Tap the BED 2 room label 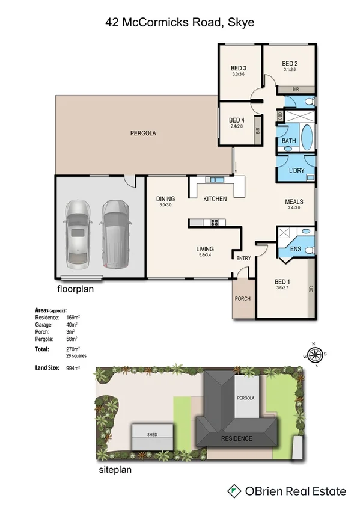[x=290, y=63]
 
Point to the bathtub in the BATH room [x=306, y=138]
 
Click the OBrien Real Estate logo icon [x=234, y=491]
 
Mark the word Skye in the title [x=242, y=23]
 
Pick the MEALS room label [x=294, y=201]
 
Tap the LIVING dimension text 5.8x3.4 [x=204, y=256]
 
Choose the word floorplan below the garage [x=75, y=289]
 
